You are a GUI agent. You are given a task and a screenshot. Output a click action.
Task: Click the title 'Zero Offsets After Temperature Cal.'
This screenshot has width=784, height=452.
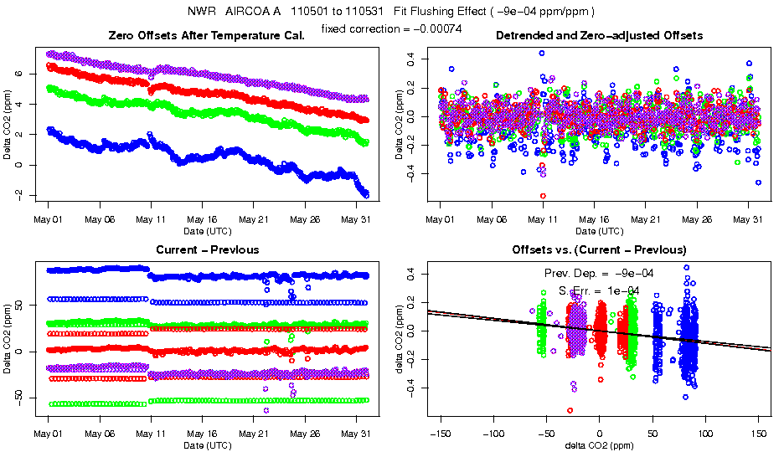click(207, 35)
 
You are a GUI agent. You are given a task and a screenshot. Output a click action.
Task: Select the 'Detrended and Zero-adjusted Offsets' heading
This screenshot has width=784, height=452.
click(599, 35)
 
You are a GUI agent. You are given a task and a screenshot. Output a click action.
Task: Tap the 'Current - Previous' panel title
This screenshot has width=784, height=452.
click(207, 249)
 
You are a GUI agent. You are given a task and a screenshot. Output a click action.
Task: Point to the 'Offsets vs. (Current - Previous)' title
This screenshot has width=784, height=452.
click(599, 249)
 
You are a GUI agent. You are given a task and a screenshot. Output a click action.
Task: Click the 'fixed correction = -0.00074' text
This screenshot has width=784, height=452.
click(392, 28)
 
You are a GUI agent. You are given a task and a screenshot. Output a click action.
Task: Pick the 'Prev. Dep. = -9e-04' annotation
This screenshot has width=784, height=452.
click(599, 273)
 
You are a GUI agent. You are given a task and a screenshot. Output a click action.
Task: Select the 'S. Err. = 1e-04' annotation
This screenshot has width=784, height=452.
click(599, 290)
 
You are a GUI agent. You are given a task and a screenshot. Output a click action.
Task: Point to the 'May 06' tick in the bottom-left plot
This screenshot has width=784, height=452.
click(99, 434)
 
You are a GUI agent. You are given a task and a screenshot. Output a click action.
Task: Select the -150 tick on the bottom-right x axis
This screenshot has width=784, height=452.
click(440, 434)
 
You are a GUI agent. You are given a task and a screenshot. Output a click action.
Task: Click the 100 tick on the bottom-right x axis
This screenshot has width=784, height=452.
click(706, 434)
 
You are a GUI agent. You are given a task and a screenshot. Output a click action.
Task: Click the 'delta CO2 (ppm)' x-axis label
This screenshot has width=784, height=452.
click(599, 446)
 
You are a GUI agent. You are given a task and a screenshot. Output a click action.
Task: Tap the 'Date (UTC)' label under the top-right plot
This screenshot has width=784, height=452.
click(599, 231)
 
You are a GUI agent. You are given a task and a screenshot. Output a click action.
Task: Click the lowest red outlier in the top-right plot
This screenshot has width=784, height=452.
click(543, 196)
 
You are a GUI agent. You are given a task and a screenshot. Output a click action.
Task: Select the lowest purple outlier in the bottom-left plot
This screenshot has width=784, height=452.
click(266, 410)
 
